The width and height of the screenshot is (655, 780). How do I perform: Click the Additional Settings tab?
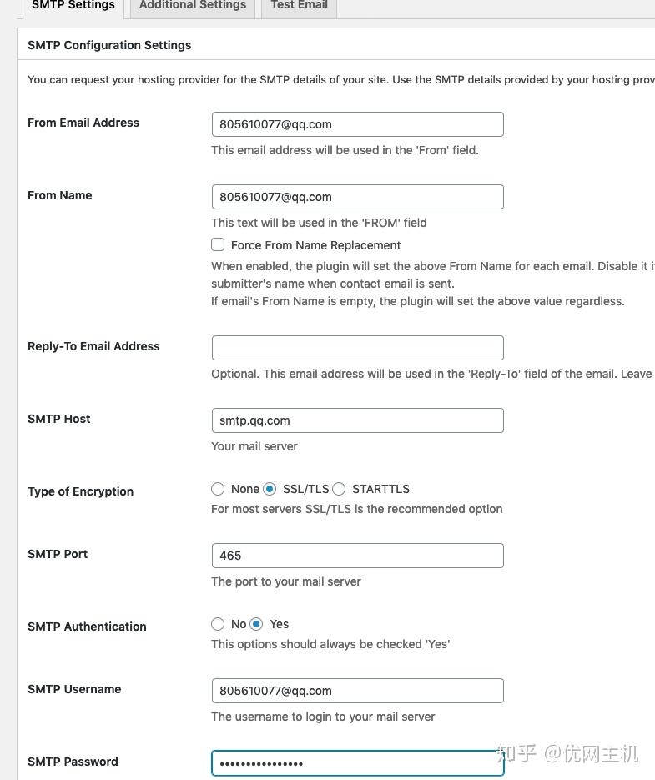193,6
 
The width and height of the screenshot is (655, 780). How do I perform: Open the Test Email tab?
299,6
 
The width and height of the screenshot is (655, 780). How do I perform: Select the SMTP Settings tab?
73,6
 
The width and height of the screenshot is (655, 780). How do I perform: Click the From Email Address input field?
357,124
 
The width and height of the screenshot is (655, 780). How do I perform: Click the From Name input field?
357,197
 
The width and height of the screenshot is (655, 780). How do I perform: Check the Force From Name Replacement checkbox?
218,245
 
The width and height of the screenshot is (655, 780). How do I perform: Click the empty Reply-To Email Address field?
357,348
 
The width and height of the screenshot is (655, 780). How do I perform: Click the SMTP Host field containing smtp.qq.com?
357,420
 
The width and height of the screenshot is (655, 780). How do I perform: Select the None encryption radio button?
218,489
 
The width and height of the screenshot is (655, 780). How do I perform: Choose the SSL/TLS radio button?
270,489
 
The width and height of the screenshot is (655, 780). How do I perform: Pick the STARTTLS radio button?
339,489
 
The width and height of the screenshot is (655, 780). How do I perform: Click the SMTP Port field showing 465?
357,556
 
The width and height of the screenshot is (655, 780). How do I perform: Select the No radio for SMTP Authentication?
218,624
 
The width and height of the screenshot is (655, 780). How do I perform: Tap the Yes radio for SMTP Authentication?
256,624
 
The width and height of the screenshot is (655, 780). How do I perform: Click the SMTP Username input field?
357,691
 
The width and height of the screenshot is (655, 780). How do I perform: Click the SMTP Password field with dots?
357,763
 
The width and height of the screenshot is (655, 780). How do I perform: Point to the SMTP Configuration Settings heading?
109,45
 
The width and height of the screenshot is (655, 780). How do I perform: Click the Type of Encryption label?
80,491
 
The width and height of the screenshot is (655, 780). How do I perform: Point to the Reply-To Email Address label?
93,346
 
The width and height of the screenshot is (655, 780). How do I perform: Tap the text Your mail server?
254,446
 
